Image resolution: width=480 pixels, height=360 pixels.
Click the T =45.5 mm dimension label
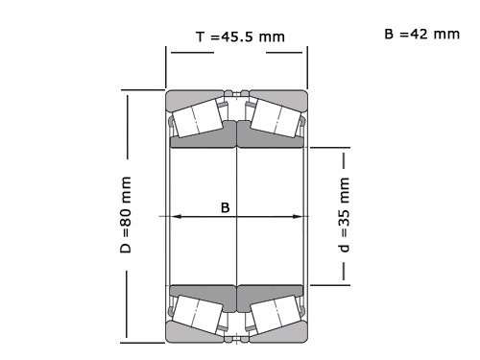click(239, 36)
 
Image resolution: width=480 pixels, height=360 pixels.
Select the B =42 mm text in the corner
click(421, 34)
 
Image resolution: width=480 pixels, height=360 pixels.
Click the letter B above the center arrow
click(226, 206)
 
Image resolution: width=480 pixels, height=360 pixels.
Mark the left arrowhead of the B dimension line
click(175, 216)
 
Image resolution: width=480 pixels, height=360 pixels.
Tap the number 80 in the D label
click(125, 208)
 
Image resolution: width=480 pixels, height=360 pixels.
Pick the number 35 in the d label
click(343, 209)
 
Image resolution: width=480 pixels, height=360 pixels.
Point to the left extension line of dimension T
click(166, 67)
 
